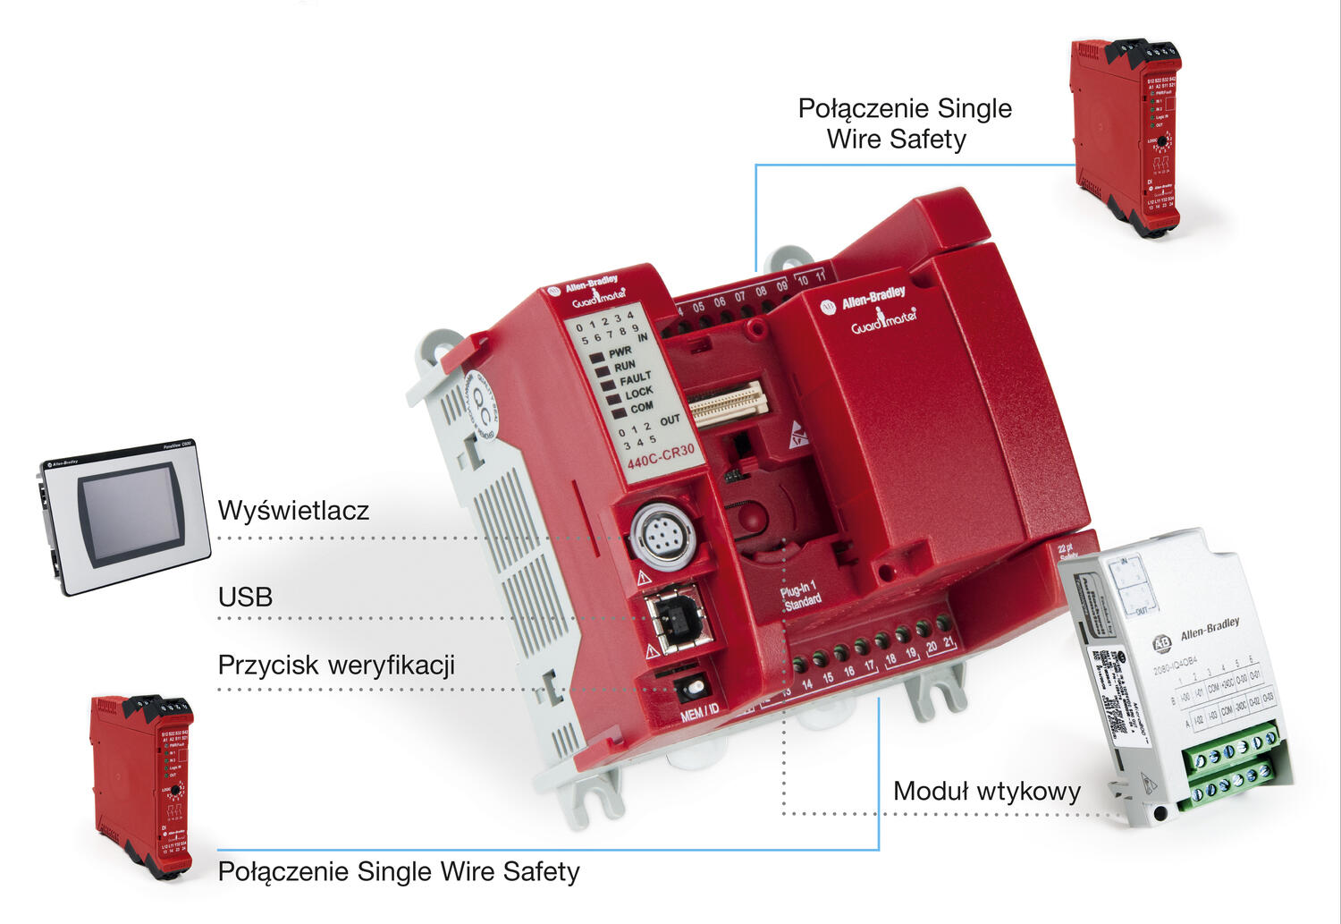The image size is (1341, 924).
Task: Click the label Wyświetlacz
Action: click(x=293, y=511)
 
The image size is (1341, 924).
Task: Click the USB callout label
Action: click(x=245, y=597)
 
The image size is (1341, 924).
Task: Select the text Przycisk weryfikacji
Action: click(x=336, y=665)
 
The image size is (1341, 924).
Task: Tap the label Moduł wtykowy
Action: click(x=986, y=792)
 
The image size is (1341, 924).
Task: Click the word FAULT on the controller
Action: click(x=635, y=378)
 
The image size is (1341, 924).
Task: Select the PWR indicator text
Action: click(x=620, y=352)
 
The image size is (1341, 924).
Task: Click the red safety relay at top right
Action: click(x=1125, y=134)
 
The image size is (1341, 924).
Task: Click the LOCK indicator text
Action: click(x=638, y=393)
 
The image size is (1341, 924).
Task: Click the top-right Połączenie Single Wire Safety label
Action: click(x=904, y=123)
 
